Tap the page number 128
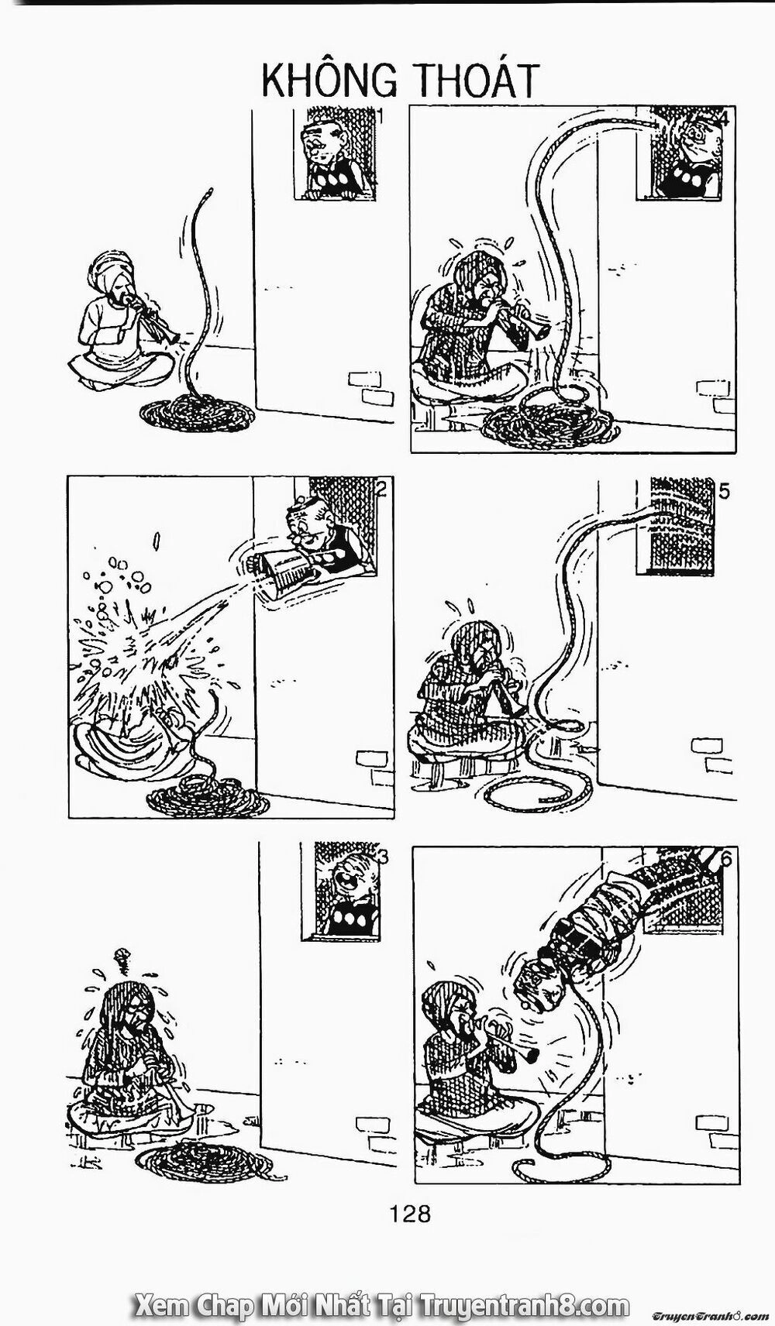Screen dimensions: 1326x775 [412, 1213]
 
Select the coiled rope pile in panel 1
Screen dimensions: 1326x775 [195, 414]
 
